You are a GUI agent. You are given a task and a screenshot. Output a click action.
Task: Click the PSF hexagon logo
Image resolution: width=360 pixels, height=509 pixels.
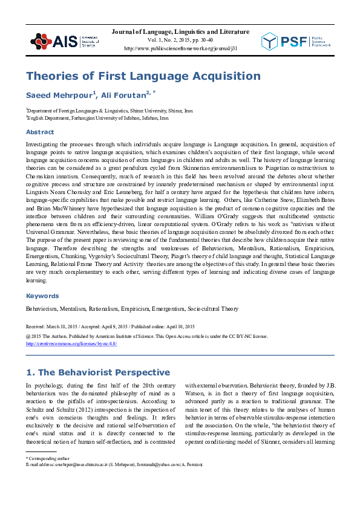[270, 41]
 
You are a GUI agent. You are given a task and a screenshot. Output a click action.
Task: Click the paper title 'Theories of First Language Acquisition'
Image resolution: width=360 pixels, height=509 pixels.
[143, 76]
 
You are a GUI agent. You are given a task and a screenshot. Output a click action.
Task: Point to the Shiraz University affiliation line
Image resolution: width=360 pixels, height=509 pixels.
[110, 111]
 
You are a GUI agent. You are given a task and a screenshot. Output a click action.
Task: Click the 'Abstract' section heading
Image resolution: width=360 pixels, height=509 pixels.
[39, 132]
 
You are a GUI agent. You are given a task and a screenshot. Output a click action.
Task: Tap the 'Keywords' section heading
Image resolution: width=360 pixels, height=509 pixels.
[42, 296]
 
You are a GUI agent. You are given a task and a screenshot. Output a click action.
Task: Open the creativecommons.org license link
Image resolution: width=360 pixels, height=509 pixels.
[71, 343]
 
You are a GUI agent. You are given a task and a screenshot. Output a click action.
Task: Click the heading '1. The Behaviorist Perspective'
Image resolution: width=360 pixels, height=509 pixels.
[97, 372]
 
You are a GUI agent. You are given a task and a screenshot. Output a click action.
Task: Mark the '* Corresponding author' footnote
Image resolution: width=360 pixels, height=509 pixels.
[49, 458]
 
